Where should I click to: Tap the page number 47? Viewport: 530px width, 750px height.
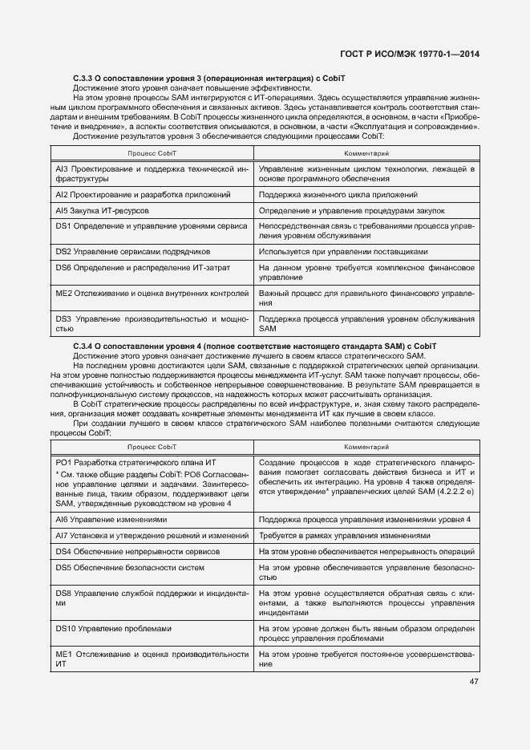[474, 682]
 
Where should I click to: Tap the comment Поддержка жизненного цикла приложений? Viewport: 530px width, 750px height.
[338, 195]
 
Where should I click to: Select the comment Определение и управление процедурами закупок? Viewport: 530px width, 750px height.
[352, 211]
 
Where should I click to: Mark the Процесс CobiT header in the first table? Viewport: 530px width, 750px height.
[152, 152]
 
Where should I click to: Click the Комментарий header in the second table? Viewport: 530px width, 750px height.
[366, 445]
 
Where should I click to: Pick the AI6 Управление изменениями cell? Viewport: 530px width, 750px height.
[111, 520]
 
